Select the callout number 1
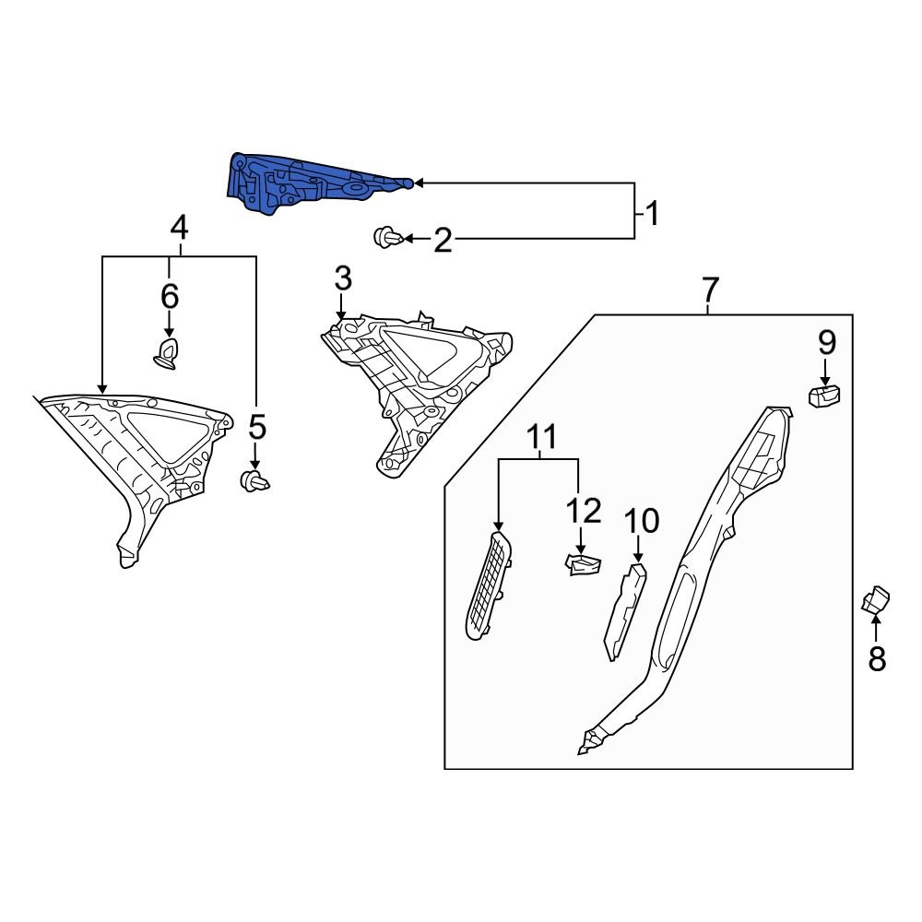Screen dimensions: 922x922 [x=652, y=216]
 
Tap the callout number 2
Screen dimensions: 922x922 [x=443, y=242]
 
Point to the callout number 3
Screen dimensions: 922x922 [x=343, y=278]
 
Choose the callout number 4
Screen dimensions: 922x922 [x=179, y=227]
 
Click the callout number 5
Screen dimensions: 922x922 [x=256, y=427]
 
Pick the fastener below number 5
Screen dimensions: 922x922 [x=254, y=480]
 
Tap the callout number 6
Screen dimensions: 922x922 [x=170, y=297]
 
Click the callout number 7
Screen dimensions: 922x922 [x=709, y=290]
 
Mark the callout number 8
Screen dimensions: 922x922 [x=876, y=658]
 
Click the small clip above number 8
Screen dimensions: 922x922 [x=875, y=601]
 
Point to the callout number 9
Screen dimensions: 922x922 [x=826, y=343]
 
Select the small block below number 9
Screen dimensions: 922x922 [x=825, y=396]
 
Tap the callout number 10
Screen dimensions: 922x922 [x=642, y=521]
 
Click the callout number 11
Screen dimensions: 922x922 [x=543, y=437]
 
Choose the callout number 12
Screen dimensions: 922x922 [x=584, y=511]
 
